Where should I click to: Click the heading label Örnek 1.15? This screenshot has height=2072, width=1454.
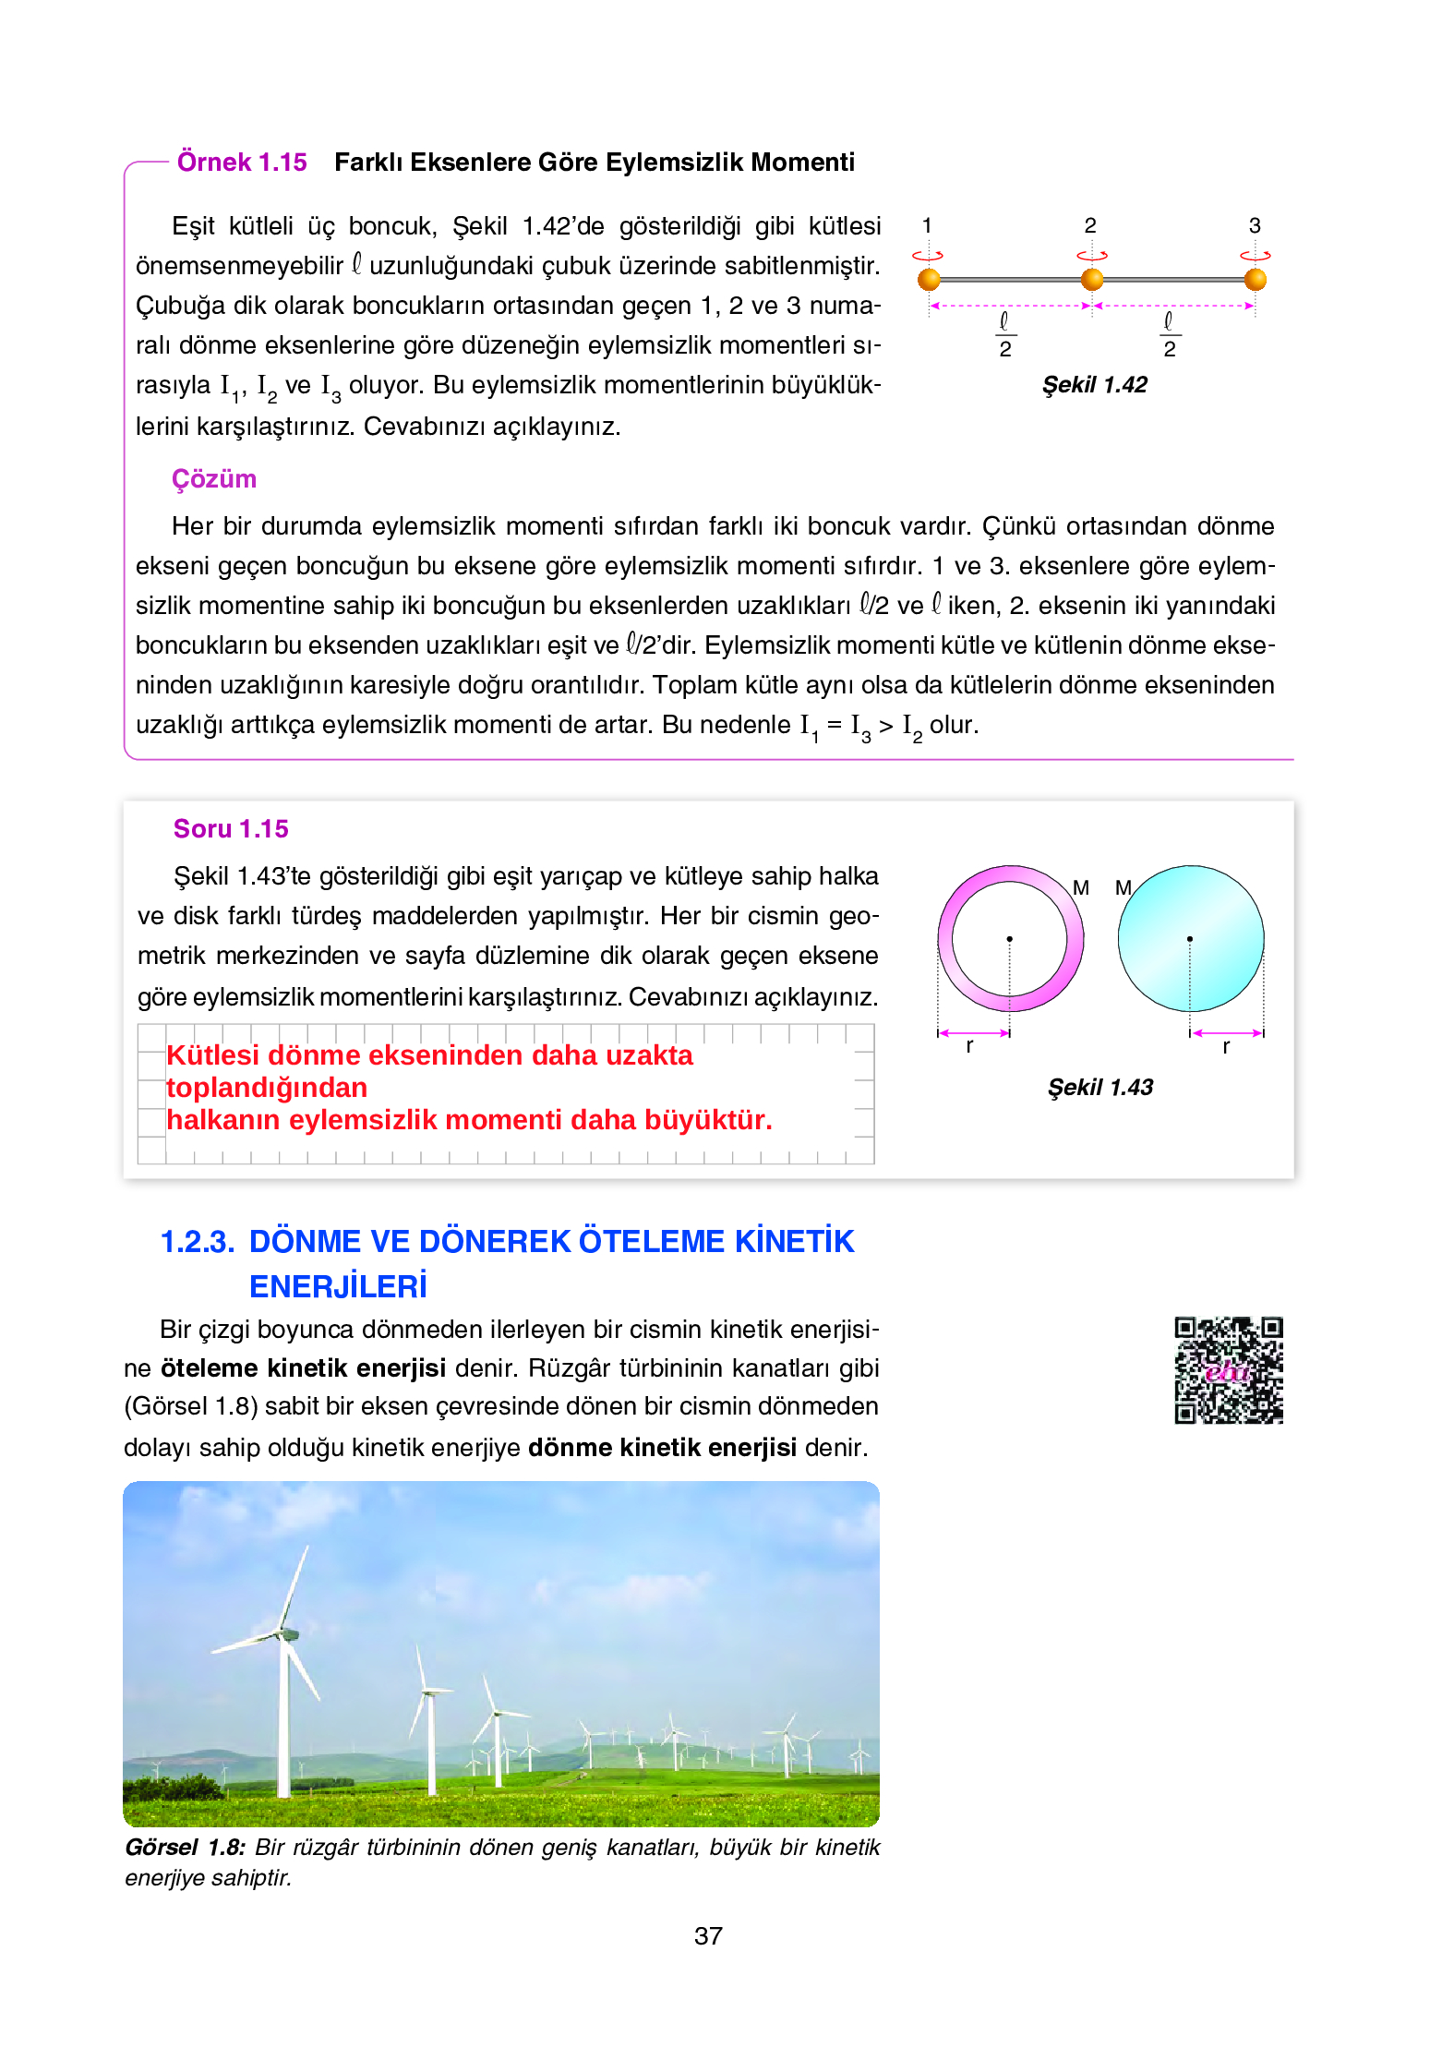(x=242, y=163)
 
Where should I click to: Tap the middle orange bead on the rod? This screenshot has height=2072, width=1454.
(x=1092, y=279)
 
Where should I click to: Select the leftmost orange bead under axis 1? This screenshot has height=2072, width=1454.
(x=929, y=279)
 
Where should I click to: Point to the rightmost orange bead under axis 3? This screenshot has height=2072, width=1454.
(x=1255, y=279)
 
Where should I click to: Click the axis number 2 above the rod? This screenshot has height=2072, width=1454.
(x=1090, y=225)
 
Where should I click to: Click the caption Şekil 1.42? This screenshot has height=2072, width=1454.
(x=1094, y=385)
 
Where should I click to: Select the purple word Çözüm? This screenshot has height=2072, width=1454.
(x=214, y=479)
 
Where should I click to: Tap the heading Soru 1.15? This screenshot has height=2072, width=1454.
(x=231, y=829)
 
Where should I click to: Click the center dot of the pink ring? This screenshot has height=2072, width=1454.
(x=1010, y=939)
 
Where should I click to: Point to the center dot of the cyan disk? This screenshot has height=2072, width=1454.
(x=1190, y=939)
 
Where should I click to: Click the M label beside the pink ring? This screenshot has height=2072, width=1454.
(x=1081, y=888)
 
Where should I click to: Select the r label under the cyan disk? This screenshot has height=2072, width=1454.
(x=1226, y=1047)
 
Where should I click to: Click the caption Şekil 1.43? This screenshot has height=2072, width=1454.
(x=1100, y=1088)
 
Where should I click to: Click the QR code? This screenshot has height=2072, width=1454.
(x=1228, y=1370)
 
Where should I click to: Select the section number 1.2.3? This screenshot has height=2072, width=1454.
(x=198, y=1242)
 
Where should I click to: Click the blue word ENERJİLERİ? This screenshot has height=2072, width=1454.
(x=338, y=1286)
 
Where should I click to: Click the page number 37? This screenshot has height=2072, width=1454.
(x=708, y=1935)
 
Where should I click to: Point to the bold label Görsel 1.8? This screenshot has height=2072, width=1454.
(x=186, y=1848)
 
